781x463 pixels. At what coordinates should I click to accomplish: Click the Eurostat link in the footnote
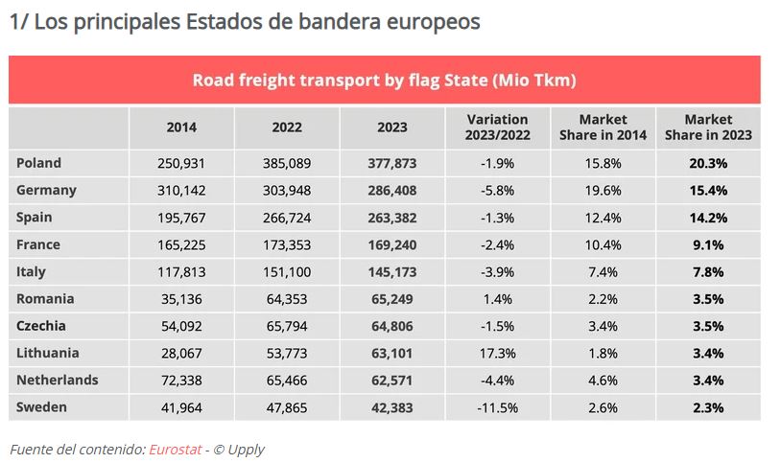point(174,449)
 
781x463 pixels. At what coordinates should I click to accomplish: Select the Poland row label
point(38,163)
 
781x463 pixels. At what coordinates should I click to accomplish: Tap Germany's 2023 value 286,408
point(392,190)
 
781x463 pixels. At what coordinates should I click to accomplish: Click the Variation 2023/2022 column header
point(497,127)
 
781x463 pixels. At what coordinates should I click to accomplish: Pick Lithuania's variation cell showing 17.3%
point(497,353)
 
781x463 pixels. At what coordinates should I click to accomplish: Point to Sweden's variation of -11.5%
point(497,407)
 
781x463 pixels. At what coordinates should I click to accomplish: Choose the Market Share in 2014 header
point(603,127)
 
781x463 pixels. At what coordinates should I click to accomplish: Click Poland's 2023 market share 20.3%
point(707,163)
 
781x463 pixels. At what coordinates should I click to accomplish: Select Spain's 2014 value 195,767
point(181,217)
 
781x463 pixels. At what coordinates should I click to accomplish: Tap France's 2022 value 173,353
point(287,244)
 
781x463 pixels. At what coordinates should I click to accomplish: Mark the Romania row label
point(45,298)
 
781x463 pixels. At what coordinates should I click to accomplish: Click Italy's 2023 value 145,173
point(392,271)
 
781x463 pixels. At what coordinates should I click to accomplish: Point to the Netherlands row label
point(57,380)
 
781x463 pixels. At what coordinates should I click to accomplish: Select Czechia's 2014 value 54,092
point(181,326)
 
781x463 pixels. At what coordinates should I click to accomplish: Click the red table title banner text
point(384,80)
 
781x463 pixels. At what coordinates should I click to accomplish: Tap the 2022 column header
point(287,127)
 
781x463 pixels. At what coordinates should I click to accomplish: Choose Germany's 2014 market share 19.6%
point(603,190)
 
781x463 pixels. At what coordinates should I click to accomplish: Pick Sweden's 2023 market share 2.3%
point(707,407)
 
